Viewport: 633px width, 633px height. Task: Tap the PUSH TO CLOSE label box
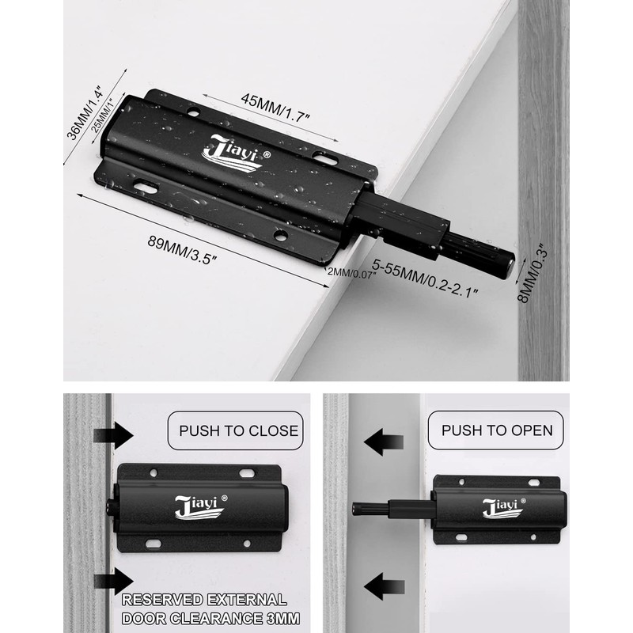point(238,430)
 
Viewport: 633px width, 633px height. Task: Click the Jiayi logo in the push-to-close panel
point(199,506)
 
